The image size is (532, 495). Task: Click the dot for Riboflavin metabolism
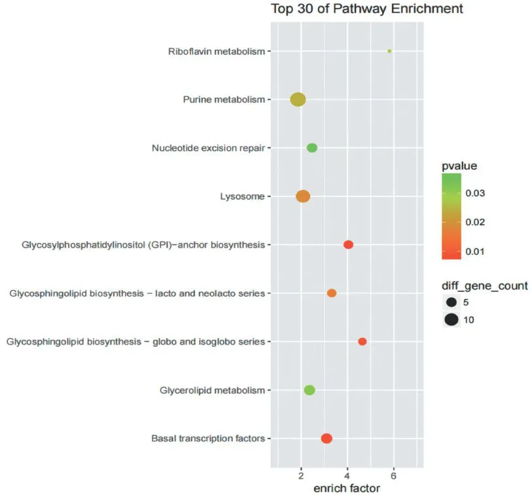click(389, 50)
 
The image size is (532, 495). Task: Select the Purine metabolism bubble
click(298, 100)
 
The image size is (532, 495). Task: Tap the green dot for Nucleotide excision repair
click(312, 148)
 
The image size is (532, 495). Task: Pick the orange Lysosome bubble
click(303, 196)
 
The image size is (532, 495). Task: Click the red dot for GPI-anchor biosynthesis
click(349, 245)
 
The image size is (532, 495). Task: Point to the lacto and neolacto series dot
click(332, 293)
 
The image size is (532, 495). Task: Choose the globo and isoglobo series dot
click(363, 342)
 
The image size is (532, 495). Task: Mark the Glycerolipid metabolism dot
click(310, 390)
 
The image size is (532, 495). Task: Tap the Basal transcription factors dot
click(327, 439)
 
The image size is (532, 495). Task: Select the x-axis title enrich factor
click(347, 488)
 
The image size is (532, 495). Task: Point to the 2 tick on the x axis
click(301, 474)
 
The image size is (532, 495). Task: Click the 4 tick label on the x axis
click(347, 474)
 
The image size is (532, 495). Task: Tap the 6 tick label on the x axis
click(394, 474)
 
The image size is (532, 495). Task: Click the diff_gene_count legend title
click(485, 285)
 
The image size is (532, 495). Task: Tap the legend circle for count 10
click(451, 320)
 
